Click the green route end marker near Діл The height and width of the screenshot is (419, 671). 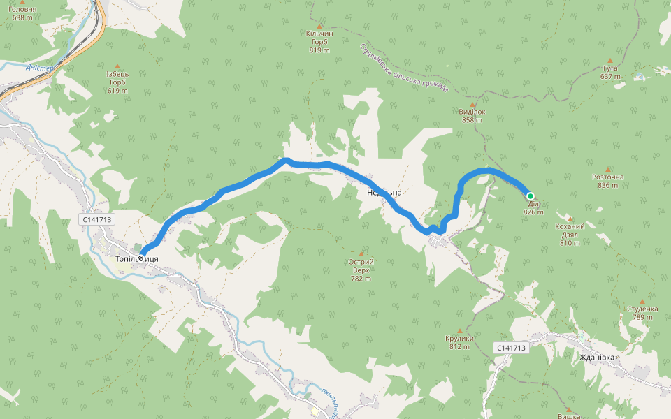click(x=530, y=196)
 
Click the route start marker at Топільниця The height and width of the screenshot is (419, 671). click(x=141, y=258)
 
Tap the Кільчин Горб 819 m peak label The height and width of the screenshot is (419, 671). click(x=319, y=41)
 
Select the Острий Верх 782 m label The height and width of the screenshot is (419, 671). click(x=361, y=270)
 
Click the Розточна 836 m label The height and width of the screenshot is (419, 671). click(x=607, y=181)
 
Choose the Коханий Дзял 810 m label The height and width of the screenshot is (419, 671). click(x=570, y=234)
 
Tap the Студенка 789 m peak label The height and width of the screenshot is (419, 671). click(x=642, y=312)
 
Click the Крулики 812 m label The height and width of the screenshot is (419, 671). click(x=459, y=342)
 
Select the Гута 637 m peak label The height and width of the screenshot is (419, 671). click(x=609, y=72)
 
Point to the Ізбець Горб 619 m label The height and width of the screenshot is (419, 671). click(x=117, y=82)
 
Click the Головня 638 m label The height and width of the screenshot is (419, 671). click(x=22, y=13)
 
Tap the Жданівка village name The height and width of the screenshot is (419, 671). click(x=598, y=358)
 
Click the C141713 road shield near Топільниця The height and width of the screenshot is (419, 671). click(x=97, y=219)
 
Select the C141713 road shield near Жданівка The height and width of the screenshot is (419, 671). click(x=511, y=347)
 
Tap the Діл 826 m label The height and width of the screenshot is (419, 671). click(x=533, y=208)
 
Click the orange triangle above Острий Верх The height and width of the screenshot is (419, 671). click(x=361, y=253)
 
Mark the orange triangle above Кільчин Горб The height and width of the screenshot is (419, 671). click(x=319, y=25)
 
